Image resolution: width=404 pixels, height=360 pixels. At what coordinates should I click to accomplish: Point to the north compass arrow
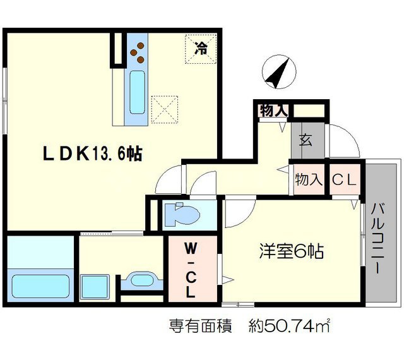[278, 73]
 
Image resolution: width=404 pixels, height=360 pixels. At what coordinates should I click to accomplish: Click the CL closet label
[345, 179]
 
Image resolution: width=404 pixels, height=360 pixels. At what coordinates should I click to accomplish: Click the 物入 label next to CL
[308, 179]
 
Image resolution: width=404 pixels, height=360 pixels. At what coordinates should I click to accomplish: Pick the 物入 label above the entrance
[273, 110]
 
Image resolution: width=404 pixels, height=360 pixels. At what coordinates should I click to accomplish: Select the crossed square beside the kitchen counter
[165, 108]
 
